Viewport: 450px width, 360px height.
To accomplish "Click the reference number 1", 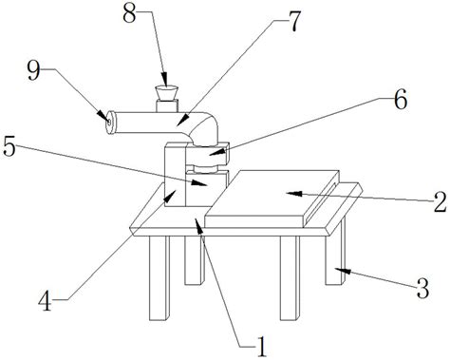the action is tap(261, 347).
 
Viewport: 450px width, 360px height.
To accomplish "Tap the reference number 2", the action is tap(440, 202).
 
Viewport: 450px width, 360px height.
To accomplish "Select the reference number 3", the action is tap(422, 289).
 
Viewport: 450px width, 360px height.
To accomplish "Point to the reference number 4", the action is tap(45, 300).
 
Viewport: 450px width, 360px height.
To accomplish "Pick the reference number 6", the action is tap(401, 99).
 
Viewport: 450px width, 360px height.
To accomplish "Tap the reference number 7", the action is tap(291, 22).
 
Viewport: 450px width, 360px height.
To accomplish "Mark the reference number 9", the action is tap(33, 70).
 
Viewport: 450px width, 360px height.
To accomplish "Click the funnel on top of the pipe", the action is tap(165, 93).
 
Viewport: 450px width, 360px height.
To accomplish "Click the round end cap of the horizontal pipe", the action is tap(110, 123).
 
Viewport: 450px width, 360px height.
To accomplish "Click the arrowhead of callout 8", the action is tap(165, 79).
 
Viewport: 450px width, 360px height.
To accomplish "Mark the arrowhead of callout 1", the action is tap(198, 225).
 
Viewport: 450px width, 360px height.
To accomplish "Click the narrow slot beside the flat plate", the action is tap(321, 202).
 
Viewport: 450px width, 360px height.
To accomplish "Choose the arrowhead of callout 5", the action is tap(199, 183).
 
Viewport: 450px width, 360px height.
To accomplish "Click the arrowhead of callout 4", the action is tap(169, 196).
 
